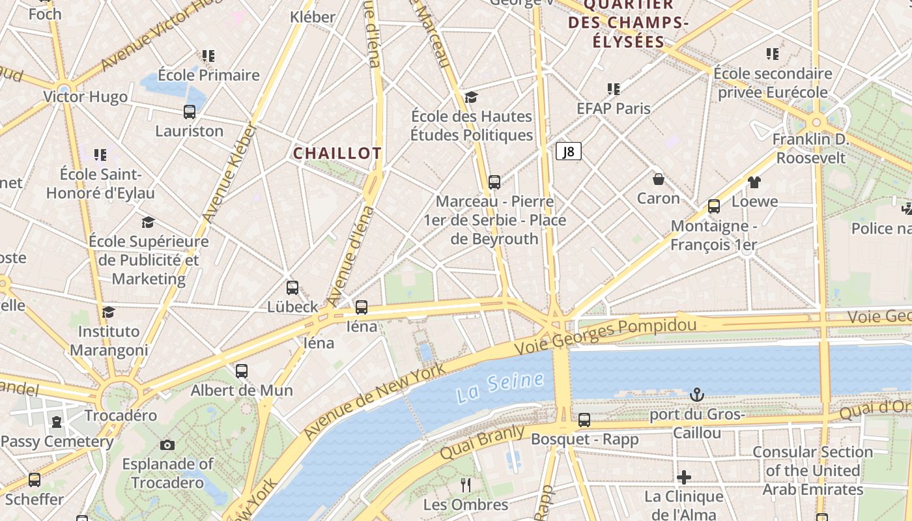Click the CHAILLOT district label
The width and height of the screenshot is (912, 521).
click(x=337, y=154)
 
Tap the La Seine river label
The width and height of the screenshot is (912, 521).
click(x=500, y=386)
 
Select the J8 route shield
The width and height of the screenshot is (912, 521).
click(x=568, y=152)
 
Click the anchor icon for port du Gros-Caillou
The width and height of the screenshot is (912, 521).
click(x=697, y=395)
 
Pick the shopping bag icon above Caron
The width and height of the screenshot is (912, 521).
click(x=659, y=178)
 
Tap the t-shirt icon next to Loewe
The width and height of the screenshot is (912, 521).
click(x=754, y=182)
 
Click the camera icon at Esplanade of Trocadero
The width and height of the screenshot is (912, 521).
click(x=167, y=445)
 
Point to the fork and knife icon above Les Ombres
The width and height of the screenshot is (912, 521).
click(x=466, y=485)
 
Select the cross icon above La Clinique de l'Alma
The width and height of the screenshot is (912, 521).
click(x=684, y=477)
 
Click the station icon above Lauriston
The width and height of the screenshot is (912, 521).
click(x=190, y=111)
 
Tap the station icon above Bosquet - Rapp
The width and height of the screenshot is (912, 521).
click(x=584, y=419)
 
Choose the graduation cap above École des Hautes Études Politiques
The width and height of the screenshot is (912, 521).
click(x=472, y=97)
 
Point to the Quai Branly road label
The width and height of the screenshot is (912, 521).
click(x=483, y=442)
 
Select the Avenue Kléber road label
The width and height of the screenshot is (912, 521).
click(x=228, y=173)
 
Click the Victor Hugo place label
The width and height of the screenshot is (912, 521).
click(x=85, y=97)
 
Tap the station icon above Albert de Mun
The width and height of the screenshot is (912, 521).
click(x=242, y=371)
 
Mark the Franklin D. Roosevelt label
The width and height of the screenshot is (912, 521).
click(x=810, y=148)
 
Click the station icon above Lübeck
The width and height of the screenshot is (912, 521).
click(x=292, y=287)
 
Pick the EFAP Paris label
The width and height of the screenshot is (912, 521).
click(x=614, y=108)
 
